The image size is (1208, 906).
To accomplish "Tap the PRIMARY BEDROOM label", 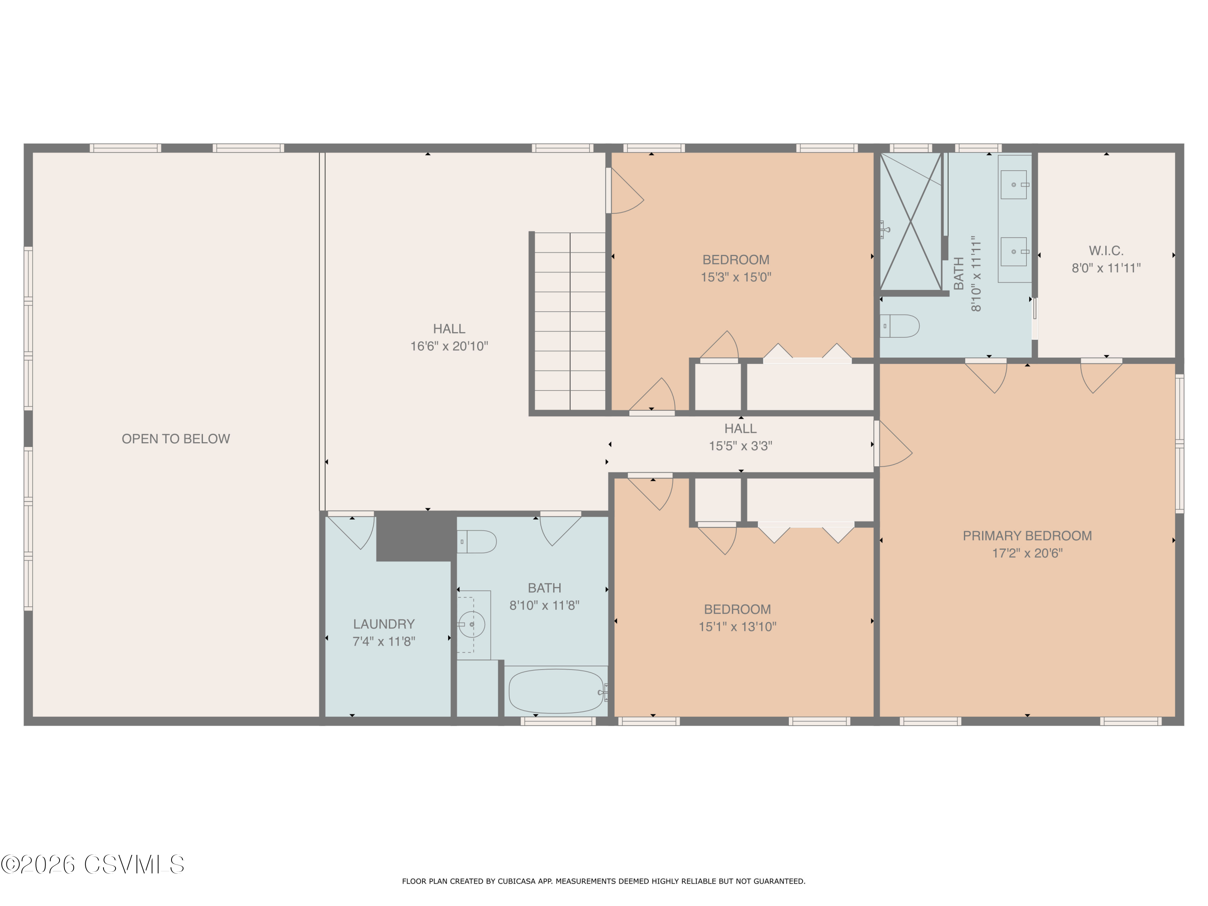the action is [1027, 536].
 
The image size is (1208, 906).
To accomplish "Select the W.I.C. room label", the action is [1106, 251].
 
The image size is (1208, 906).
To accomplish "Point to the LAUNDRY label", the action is [383, 624].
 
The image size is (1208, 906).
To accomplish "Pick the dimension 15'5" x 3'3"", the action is [740, 446].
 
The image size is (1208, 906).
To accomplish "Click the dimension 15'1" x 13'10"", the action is [737, 627].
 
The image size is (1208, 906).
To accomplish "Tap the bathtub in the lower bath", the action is [556, 691].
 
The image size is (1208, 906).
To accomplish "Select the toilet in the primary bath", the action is [900, 326].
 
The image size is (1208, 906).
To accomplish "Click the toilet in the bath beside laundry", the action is [476, 542].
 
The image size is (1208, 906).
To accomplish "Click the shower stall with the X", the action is [911, 221].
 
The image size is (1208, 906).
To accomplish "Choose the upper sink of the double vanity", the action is [1014, 184].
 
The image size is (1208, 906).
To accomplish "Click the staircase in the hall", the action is [570, 321].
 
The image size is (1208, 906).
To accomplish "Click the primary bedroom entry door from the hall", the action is [893, 443].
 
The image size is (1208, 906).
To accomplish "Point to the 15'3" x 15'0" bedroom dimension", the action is [736, 277].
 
